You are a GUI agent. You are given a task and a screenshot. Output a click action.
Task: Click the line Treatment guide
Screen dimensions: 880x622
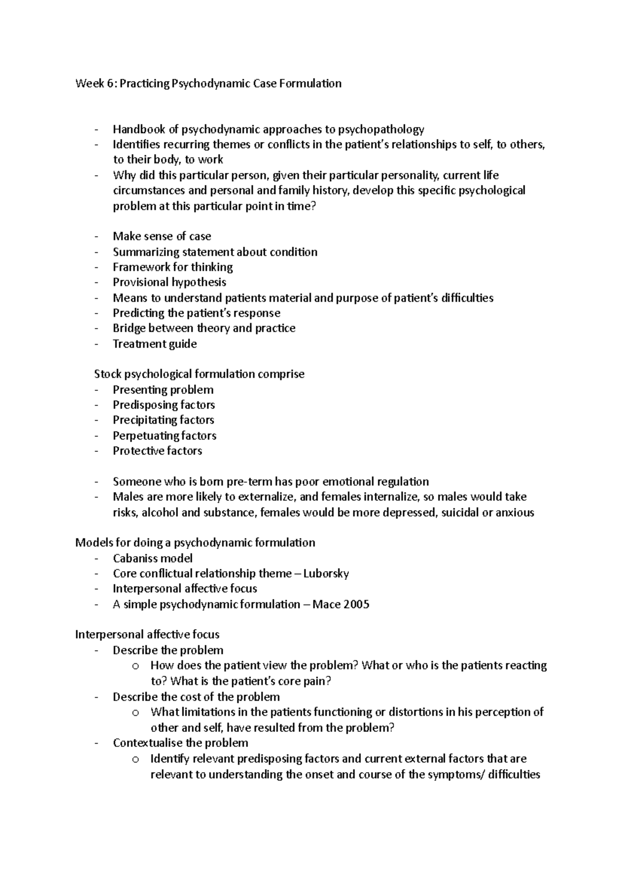pos(154,344)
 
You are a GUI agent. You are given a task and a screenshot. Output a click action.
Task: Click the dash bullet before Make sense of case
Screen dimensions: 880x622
pos(96,237)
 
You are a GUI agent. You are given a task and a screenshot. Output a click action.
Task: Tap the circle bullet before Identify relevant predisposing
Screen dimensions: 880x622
pos(136,759)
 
